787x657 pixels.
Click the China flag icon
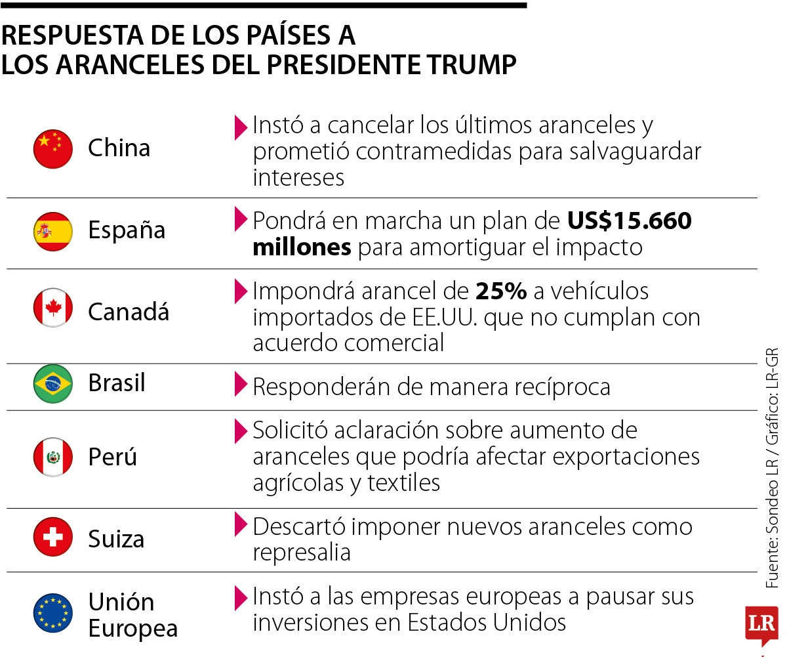tap(53, 149)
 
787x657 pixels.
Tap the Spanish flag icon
tap(53, 231)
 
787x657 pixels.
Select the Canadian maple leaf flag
tap(53, 308)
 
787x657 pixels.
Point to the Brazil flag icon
tap(53, 384)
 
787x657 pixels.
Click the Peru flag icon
tap(53, 457)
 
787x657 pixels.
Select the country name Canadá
tap(129, 311)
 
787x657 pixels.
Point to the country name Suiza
tap(116, 540)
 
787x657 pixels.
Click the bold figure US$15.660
tap(630, 221)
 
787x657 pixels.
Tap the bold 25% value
tap(502, 291)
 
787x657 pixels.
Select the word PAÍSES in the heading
tap(277, 35)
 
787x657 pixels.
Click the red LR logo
tap(761, 623)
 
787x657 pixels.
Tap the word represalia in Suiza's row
tap(302, 553)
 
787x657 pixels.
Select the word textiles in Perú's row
tap(403, 483)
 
